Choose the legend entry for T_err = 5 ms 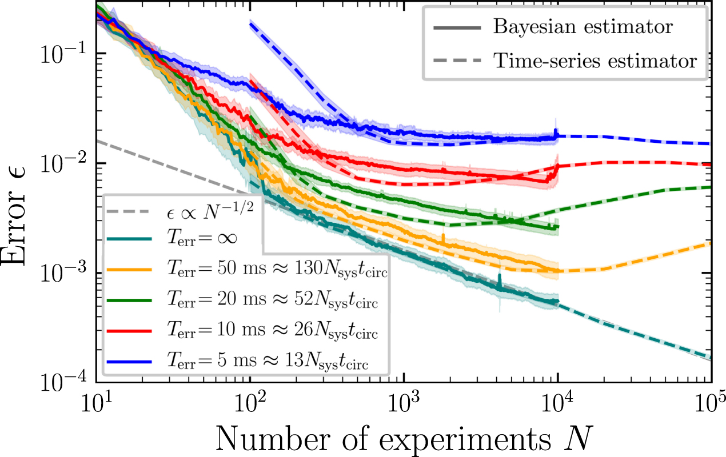click(x=266, y=362)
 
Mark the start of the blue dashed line click(x=250, y=23)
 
